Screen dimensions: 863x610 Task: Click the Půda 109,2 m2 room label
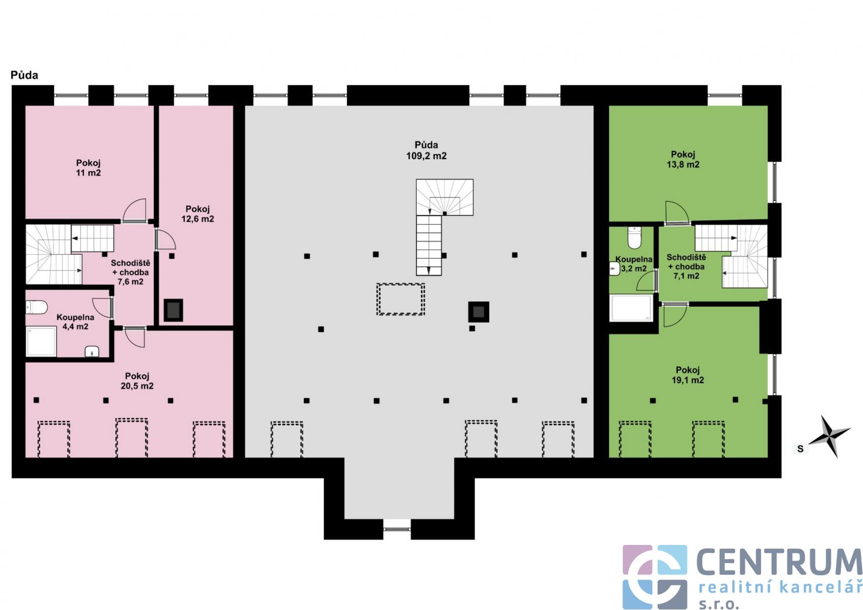point(426,150)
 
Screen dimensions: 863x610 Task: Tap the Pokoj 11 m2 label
point(88,168)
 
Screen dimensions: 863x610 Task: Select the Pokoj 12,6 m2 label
point(197,214)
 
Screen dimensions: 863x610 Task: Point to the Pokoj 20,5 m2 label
point(137,381)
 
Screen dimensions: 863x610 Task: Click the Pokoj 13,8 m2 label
point(683,159)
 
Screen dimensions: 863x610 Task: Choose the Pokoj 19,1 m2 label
point(688,375)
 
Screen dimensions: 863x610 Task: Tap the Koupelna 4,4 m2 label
point(75,322)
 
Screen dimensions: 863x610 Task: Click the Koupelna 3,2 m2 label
point(634,264)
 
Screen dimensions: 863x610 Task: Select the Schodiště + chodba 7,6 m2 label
point(131,272)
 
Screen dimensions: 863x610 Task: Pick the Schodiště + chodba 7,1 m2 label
point(686,266)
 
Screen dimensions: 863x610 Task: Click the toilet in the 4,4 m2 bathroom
point(37,308)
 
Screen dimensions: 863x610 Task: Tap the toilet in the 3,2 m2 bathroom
point(634,237)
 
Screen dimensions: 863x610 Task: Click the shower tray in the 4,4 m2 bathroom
point(41,342)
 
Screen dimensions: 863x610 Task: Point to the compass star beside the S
point(829,437)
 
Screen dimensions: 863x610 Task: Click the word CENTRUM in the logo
point(779,562)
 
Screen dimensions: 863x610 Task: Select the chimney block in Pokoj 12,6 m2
point(174,310)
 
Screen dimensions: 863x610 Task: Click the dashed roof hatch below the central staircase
point(400,299)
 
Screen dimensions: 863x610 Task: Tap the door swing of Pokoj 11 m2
point(134,210)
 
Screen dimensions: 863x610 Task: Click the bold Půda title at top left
point(24,75)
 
